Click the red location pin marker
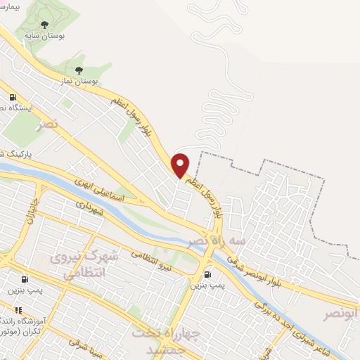pyautogui.click(x=181, y=165)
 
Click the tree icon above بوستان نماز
pyautogui.click(x=79, y=70)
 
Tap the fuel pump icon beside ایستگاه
pyautogui.click(x=12, y=98)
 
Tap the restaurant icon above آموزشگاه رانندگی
pyautogui.click(x=18, y=309)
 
